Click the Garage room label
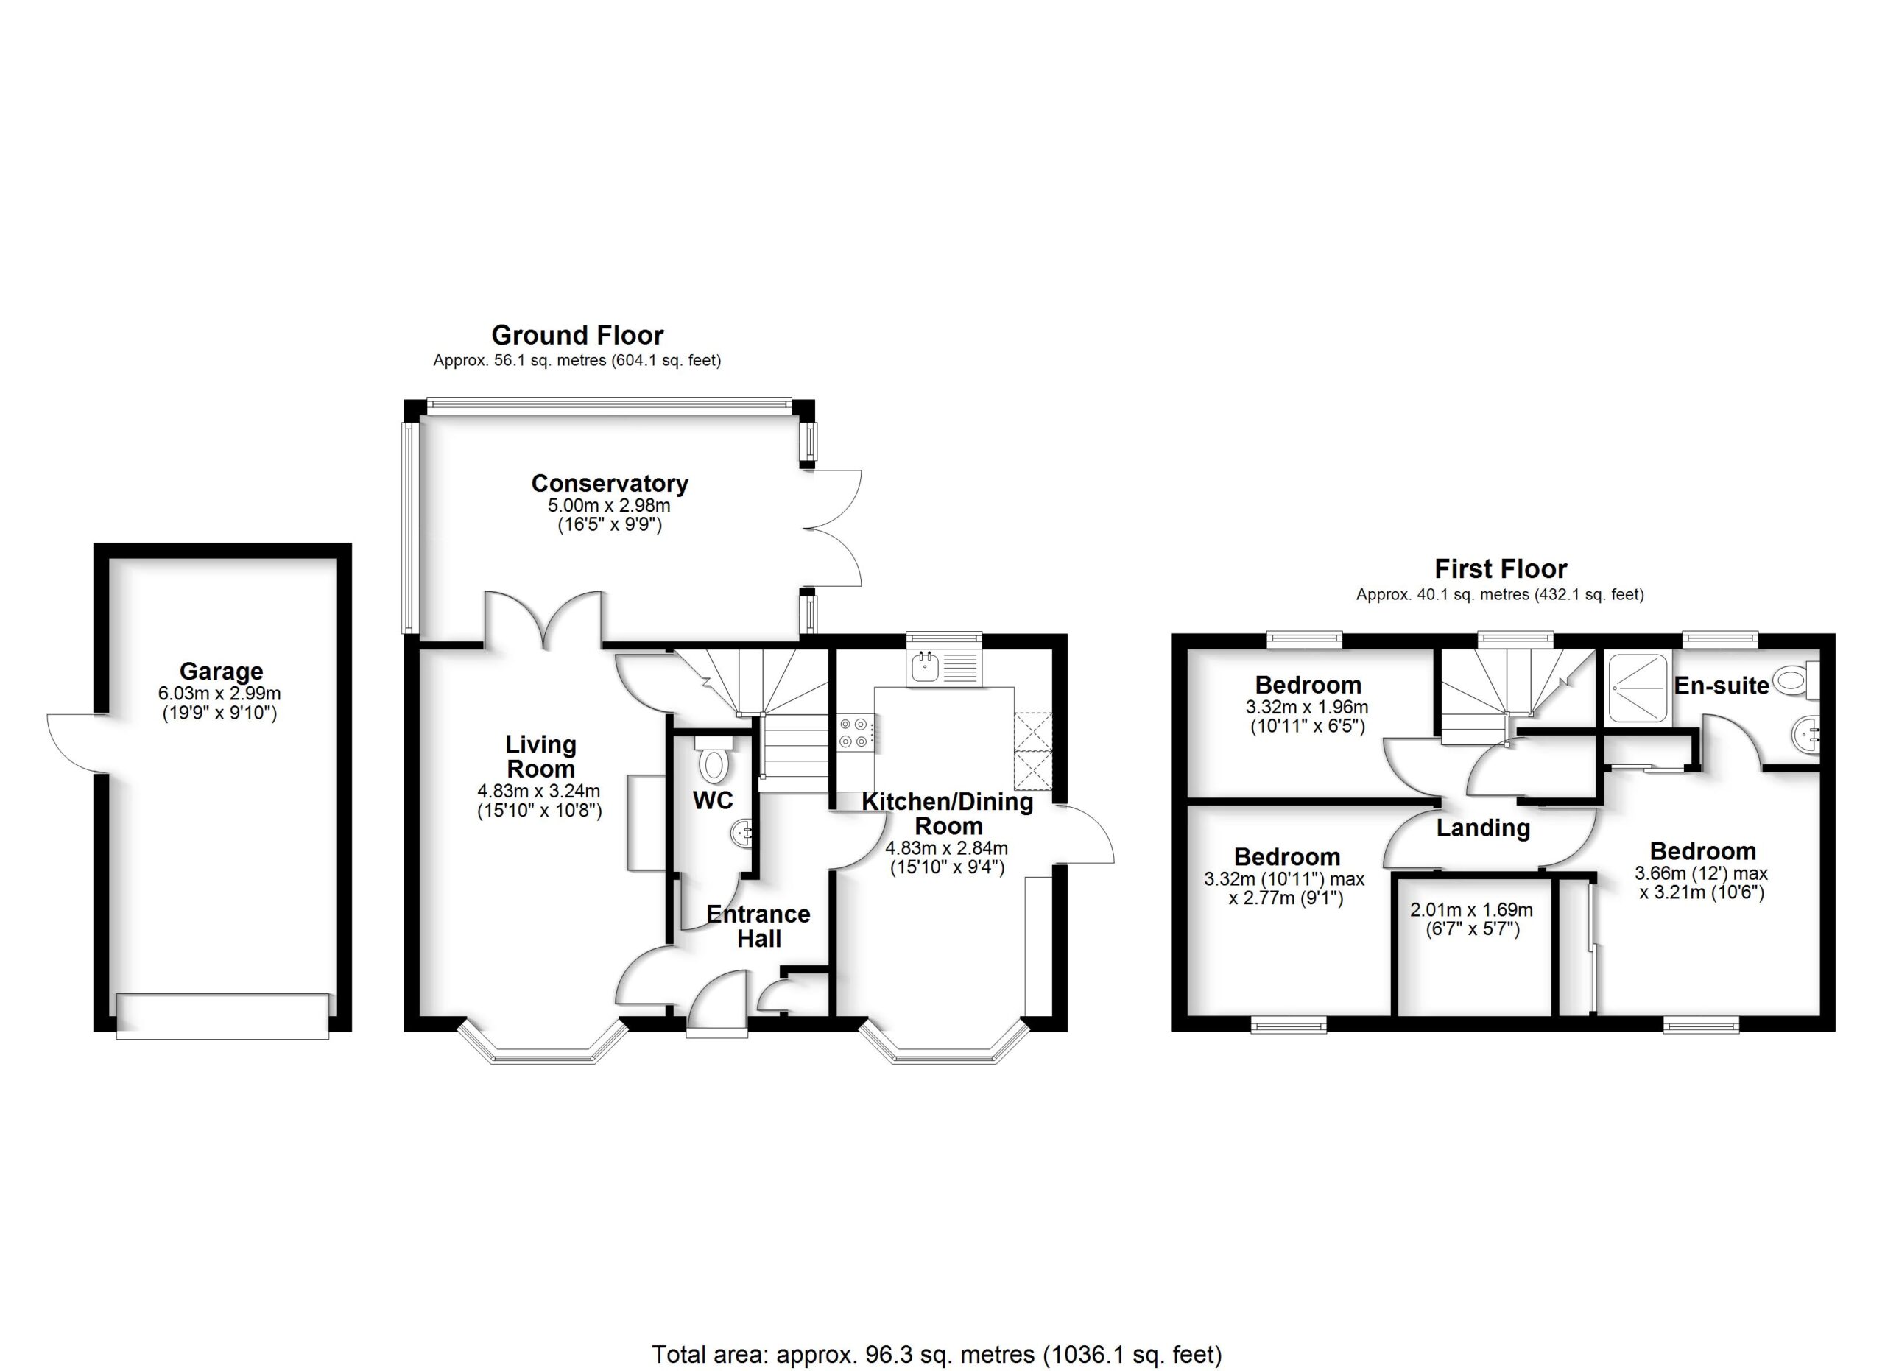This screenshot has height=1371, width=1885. (x=221, y=671)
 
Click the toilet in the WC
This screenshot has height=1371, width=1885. (x=713, y=762)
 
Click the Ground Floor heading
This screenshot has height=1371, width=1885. (x=577, y=335)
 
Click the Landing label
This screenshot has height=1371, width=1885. (x=1483, y=828)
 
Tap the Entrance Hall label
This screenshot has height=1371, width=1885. (x=758, y=926)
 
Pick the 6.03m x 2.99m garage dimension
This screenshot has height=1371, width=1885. (x=219, y=693)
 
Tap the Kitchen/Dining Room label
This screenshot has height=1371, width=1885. (x=948, y=814)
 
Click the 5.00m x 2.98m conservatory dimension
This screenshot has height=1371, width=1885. (x=608, y=505)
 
